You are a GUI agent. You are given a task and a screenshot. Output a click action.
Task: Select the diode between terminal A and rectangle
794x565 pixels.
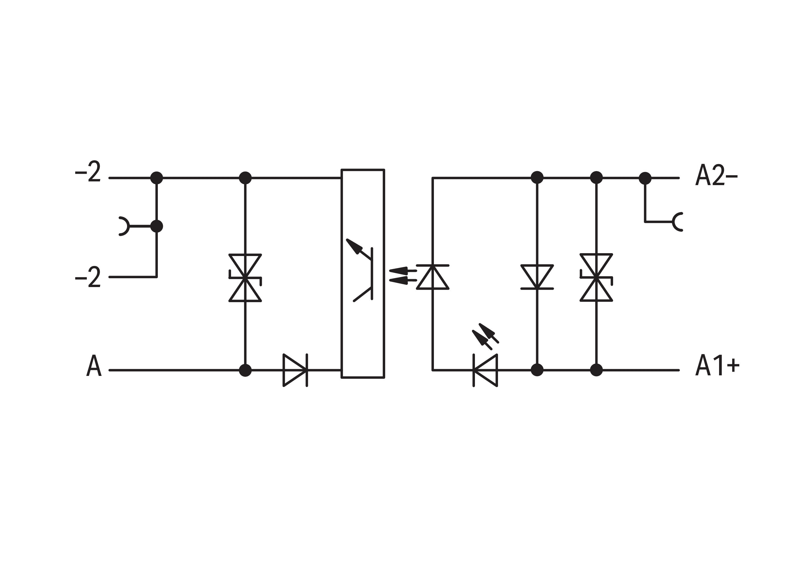coord(295,370)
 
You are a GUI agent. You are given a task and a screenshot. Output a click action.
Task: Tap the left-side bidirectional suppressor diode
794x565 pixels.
coord(245,278)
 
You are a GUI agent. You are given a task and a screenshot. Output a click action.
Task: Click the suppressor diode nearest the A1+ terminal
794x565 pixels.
coord(596,277)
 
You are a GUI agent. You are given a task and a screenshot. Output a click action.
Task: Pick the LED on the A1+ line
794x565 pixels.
coord(485,370)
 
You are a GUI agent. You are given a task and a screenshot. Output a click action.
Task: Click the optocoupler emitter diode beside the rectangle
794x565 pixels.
coord(432,277)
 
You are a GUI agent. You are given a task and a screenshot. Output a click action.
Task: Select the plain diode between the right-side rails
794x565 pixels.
coord(537,277)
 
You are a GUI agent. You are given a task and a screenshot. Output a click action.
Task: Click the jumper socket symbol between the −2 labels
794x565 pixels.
coord(124,226)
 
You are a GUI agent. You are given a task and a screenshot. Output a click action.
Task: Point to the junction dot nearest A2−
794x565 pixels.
coord(645,178)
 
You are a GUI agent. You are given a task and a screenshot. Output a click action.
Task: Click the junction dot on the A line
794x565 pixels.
coord(245,370)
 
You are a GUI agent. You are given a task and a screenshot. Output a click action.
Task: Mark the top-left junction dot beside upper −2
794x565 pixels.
coord(157,178)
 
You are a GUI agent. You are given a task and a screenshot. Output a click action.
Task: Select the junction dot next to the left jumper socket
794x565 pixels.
coord(157,226)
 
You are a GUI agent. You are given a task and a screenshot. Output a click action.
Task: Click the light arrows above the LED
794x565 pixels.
coord(485,336)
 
